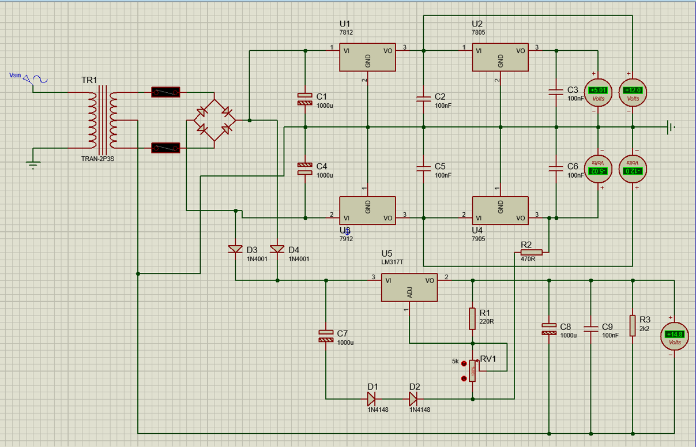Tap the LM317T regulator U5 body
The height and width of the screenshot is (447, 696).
coord(409,287)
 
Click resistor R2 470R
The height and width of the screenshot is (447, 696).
coord(531,252)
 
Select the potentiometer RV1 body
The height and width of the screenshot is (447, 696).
coord(473,370)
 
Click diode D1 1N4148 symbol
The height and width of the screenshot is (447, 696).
coord(372,398)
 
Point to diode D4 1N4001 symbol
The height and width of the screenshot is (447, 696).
coord(277,249)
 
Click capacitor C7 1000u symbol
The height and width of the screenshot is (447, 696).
coord(326,336)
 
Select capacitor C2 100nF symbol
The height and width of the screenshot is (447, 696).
coord(423,98)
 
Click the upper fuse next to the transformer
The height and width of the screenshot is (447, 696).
coord(165,92)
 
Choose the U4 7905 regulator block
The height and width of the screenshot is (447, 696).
coord(500,211)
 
